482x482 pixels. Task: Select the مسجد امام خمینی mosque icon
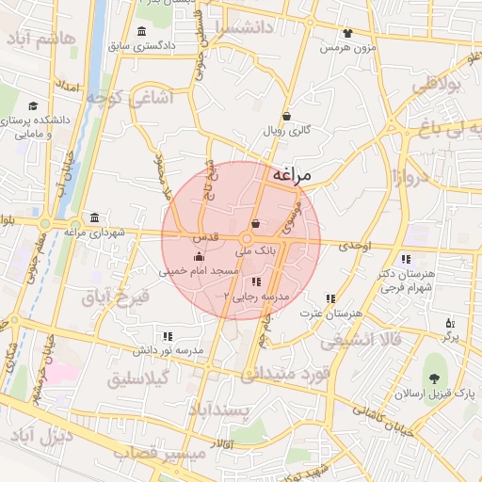pos(198,257)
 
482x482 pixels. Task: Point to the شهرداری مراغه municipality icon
pos(93,217)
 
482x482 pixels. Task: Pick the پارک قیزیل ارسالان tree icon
pos(433,379)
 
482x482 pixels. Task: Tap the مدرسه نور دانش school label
pos(169,350)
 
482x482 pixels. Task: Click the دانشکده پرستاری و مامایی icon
pos(34,106)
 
